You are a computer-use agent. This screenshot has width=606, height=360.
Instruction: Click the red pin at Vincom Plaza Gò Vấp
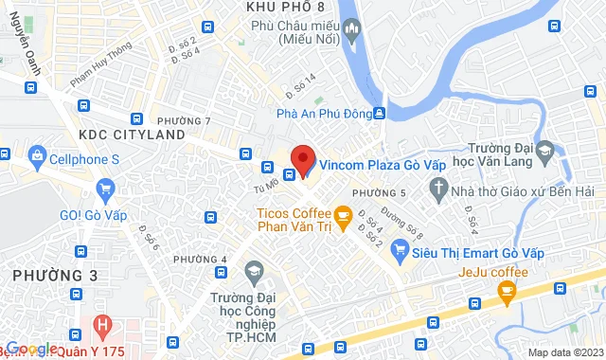[302, 156]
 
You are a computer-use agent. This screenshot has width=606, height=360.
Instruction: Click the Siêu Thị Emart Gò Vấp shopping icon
[400, 251]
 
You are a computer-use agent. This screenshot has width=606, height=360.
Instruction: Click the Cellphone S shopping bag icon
[37, 153]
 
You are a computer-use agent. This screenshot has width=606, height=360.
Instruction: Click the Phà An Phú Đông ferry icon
[380, 113]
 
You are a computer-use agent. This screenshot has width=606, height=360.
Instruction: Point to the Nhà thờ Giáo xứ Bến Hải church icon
[437, 191]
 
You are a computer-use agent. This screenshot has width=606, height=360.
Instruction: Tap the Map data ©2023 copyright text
[565, 352]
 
